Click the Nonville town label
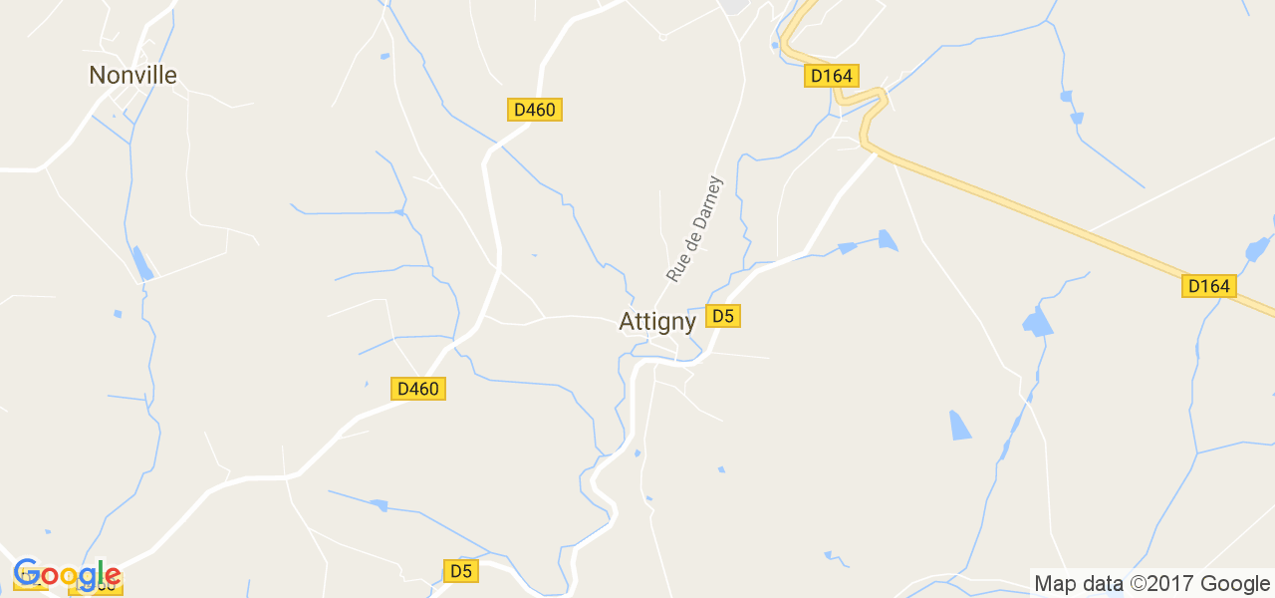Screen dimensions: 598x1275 click(x=132, y=75)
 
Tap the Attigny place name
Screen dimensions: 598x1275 click(x=657, y=321)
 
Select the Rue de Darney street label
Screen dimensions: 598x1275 click(x=693, y=228)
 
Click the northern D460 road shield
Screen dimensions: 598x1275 click(x=535, y=110)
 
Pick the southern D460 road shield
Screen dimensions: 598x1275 click(x=418, y=389)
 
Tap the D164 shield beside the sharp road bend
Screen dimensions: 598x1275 click(x=833, y=76)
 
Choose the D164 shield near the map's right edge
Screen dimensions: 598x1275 click(x=1209, y=286)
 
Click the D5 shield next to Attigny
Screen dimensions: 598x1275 click(x=723, y=316)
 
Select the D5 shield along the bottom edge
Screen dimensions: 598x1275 click(x=460, y=571)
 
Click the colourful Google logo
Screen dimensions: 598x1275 click(x=67, y=575)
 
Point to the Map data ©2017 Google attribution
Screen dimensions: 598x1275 click(x=1151, y=584)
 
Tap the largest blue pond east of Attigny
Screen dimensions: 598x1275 click(x=1037, y=322)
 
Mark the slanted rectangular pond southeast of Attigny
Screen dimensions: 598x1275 click(x=960, y=425)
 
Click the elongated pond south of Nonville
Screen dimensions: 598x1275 click(x=143, y=263)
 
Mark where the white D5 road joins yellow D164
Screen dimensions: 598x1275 click(x=874, y=150)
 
